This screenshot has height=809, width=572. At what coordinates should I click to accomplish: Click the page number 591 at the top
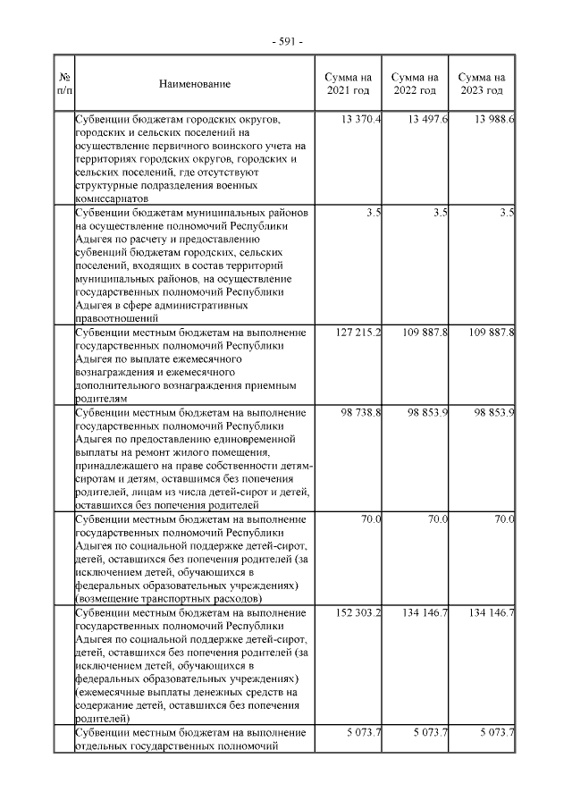click(x=286, y=42)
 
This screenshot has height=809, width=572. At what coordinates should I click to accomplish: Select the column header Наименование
click(x=195, y=84)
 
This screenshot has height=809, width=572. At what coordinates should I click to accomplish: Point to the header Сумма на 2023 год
click(x=482, y=84)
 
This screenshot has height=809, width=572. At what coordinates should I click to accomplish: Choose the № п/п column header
click(x=63, y=84)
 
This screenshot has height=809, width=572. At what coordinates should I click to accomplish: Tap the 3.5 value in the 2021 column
click(x=374, y=213)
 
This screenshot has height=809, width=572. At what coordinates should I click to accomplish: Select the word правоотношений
click(x=116, y=317)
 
